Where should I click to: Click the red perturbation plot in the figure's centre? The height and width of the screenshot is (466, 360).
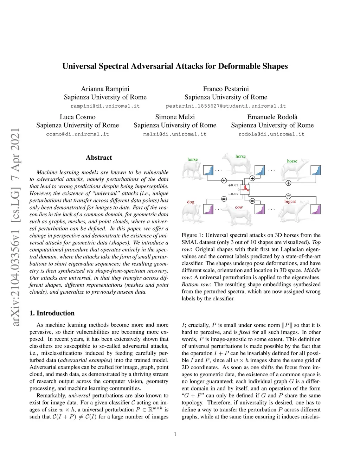245,189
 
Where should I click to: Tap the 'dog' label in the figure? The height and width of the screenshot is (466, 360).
191,202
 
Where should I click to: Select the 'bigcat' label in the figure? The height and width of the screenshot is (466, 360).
290,202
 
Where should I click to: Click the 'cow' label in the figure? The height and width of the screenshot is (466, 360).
239,207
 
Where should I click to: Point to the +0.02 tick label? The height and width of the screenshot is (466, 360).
233,185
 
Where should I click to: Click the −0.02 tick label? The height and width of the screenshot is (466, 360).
233,194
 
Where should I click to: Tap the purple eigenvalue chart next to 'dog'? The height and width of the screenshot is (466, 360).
209,209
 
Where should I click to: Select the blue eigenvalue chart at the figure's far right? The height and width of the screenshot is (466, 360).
316,170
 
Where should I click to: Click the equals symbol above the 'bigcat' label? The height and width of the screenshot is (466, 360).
288,196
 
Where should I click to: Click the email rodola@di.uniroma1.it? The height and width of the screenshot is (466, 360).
271,134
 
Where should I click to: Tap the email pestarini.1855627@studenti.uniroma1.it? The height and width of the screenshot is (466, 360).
226,106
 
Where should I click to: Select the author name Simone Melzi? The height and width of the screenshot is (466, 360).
175,117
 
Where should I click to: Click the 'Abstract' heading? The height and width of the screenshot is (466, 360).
99,158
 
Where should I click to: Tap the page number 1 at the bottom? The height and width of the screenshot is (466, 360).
175,434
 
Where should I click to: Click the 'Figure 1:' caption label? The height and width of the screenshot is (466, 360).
192,235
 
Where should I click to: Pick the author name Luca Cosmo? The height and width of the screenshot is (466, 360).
78,117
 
